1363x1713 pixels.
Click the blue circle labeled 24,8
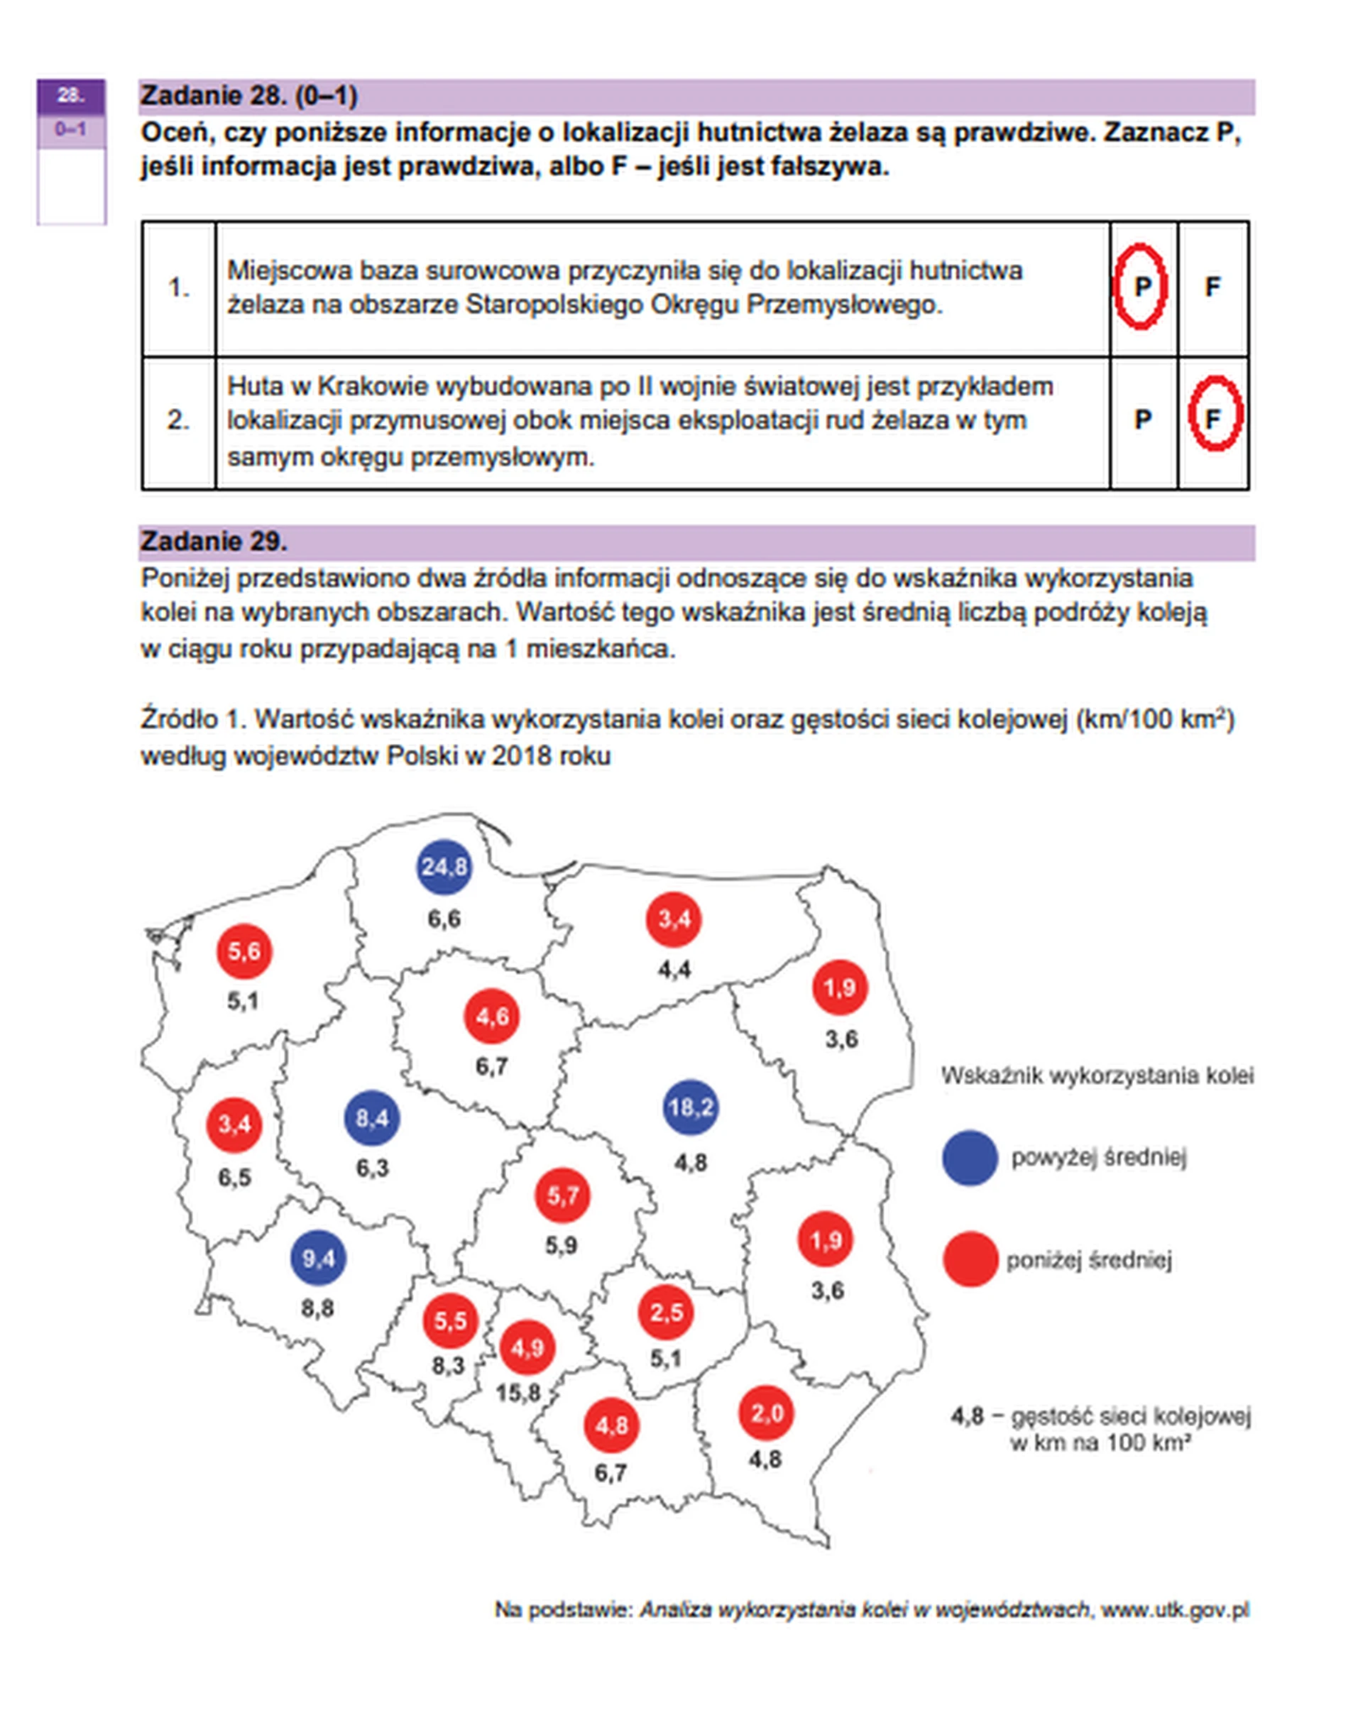pyautogui.click(x=443, y=867)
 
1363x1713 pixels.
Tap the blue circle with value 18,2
pyautogui.click(x=690, y=1107)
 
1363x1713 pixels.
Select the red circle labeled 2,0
pyautogui.click(x=766, y=1413)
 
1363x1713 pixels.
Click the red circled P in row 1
pyautogui.click(x=1141, y=286)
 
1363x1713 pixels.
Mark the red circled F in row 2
pyautogui.click(x=1213, y=419)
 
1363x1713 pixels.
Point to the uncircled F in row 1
pyautogui.click(x=1212, y=287)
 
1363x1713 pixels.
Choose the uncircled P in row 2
pyautogui.click(x=1142, y=420)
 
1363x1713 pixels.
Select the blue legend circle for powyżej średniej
pyautogui.click(x=969, y=1158)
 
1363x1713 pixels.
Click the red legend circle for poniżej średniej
pyautogui.click(x=969, y=1259)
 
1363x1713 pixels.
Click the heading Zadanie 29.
pyautogui.click(x=214, y=542)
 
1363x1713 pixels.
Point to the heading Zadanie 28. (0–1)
pyautogui.click(x=248, y=96)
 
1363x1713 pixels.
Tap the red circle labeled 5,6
pyautogui.click(x=243, y=951)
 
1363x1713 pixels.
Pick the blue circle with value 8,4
pyautogui.click(x=372, y=1119)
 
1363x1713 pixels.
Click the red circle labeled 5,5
pyautogui.click(x=449, y=1320)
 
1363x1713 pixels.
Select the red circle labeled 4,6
pyautogui.click(x=492, y=1016)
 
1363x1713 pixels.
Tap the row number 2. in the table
pyautogui.click(x=178, y=420)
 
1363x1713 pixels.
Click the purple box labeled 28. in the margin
pyautogui.click(x=71, y=96)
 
